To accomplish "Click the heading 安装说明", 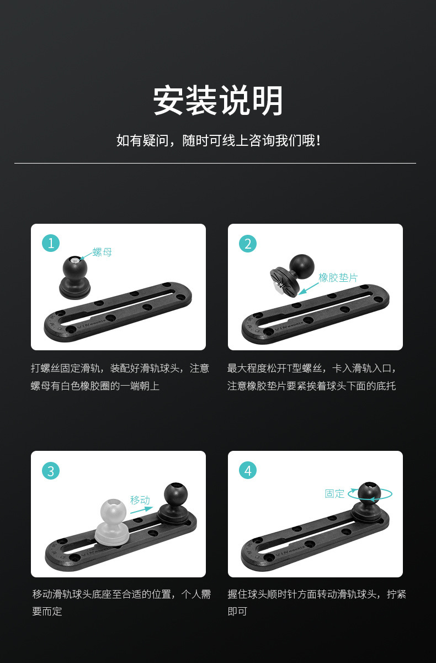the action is pos(218,100).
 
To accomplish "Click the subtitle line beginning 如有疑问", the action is pos(219,140).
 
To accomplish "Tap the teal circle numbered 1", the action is pos(51,243).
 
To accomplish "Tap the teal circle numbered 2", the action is pos(248,244).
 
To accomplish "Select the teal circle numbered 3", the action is pos(51,471).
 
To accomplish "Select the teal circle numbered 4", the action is pos(248,471).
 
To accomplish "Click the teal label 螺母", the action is pos(102,252).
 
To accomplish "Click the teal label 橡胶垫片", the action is pos(338,277).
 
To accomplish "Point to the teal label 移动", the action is pos(140,500).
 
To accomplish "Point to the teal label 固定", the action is pos(334,494).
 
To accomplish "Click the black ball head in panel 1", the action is pos(75,277).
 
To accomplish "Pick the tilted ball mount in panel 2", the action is pos(292,275).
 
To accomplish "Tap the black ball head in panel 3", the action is pos(175,502).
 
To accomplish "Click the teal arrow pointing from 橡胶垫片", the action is pos(309,288).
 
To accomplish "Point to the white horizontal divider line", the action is pos(215,163).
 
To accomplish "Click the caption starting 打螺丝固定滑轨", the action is pos(120,377).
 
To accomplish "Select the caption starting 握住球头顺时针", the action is pos(317,603).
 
